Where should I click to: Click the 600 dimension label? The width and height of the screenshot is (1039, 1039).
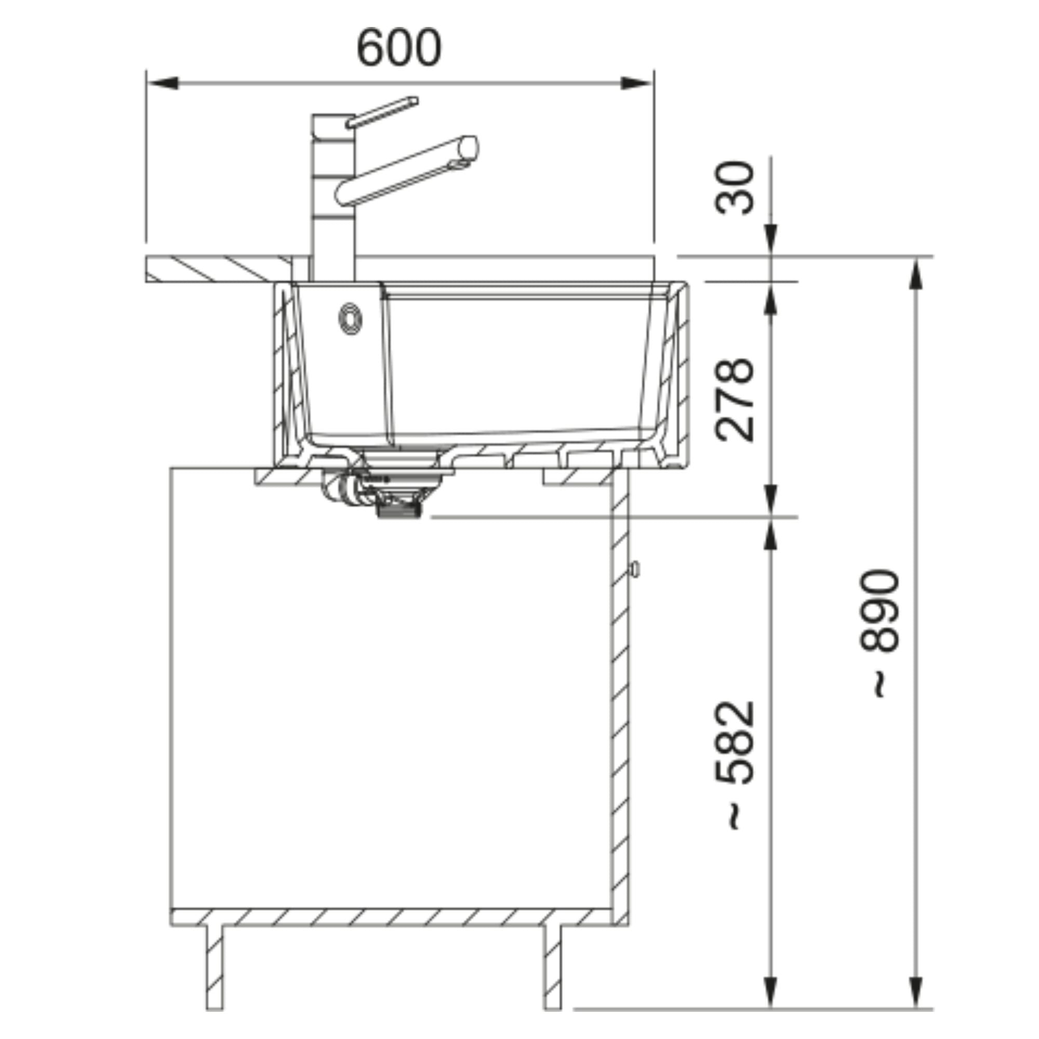(399, 48)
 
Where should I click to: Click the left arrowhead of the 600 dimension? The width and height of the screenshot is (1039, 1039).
(162, 83)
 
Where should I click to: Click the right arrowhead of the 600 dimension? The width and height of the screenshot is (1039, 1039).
(637, 83)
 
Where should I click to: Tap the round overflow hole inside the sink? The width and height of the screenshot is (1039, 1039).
(350, 318)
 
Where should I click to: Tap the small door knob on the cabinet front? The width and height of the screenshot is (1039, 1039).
(635, 569)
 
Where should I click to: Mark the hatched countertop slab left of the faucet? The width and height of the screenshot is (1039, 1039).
(215, 269)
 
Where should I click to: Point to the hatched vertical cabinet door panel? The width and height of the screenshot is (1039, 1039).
(620, 699)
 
